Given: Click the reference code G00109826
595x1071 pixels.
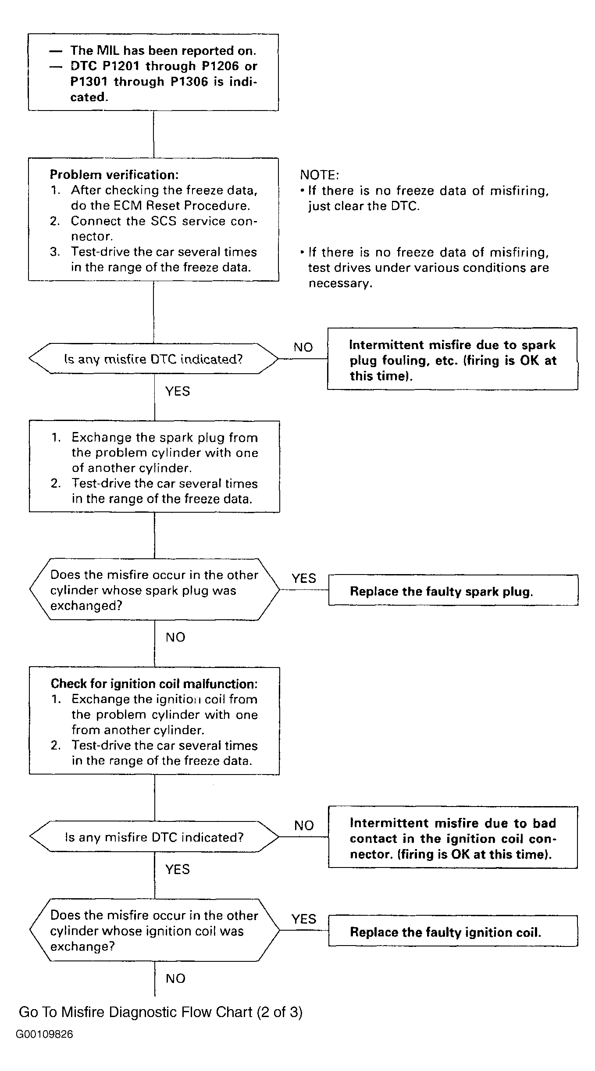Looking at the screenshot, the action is click(45, 1034).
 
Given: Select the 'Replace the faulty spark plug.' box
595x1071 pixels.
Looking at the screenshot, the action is click(453, 590).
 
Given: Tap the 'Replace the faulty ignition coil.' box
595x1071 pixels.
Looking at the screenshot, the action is click(453, 931).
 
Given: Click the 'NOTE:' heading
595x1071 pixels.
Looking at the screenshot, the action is click(320, 175).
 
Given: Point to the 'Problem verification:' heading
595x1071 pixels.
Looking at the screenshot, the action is click(114, 175).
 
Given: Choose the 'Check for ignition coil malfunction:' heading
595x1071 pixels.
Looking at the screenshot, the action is click(154, 684).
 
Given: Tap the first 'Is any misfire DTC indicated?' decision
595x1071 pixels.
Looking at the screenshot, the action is click(153, 359).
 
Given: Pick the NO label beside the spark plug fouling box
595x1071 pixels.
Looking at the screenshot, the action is click(303, 347).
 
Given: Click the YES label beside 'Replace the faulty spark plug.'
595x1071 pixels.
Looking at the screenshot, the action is click(304, 578).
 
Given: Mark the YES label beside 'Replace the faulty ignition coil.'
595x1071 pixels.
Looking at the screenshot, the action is click(304, 919).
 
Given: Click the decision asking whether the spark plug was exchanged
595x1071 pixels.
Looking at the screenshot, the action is click(154, 589).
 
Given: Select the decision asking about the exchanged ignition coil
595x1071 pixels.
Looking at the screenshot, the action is click(154, 930).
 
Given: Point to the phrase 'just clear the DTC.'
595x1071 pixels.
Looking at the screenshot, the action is click(363, 206).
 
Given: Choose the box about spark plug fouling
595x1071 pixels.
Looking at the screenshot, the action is click(452, 359).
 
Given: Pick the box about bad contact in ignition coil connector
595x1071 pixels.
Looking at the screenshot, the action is click(453, 837).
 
